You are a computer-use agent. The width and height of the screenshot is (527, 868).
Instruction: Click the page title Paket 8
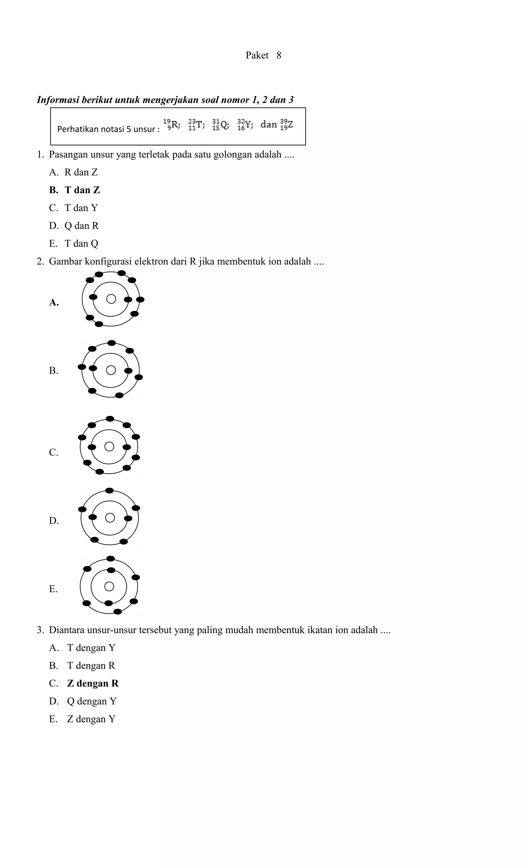263,55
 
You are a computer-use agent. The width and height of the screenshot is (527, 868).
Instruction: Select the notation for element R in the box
172,125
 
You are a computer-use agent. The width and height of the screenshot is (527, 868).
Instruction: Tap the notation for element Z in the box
286,125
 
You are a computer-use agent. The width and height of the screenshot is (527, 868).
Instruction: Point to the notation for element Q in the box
221,125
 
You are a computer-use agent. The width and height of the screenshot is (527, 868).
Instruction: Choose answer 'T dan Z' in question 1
82,190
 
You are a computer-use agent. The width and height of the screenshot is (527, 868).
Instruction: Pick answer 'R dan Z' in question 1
81,172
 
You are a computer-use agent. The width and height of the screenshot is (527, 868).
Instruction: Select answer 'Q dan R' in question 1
81,226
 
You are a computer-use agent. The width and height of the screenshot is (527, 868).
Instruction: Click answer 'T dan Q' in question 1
81,244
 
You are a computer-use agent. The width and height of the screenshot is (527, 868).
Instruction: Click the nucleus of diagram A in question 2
111,299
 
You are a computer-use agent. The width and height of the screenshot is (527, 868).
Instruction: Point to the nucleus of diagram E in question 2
109,586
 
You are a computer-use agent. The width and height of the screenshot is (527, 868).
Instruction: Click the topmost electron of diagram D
110,491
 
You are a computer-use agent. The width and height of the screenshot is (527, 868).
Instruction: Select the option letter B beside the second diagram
54,371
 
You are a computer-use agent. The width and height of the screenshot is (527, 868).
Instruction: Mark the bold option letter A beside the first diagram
54,303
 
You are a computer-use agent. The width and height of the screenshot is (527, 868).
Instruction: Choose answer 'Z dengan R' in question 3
93,683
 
